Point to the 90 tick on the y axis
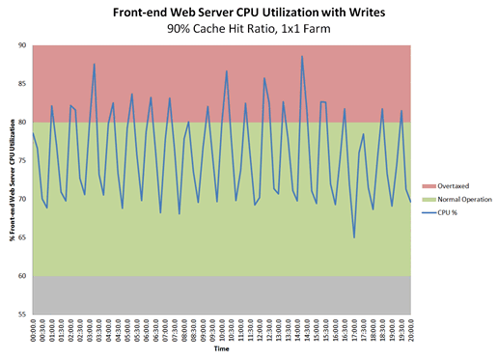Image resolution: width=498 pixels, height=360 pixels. click(x=22, y=45)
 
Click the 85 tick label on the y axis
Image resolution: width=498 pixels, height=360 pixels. click(x=22, y=84)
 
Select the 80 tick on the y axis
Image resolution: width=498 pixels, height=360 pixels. click(x=22, y=123)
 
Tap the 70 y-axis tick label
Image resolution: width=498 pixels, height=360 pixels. click(x=22, y=200)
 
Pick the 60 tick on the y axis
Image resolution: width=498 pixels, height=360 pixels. click(x=22, y=277)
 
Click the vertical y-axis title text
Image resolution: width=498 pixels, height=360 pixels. click(x=9, y=180)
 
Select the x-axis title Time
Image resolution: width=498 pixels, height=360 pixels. click(x=222, y=352)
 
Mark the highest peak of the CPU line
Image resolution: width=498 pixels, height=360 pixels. click(x=302, y=56)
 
